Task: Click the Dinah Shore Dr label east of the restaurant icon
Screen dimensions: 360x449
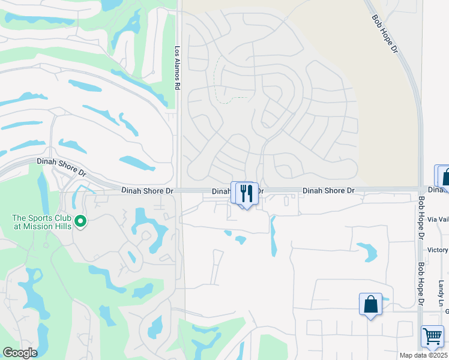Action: (328, 191)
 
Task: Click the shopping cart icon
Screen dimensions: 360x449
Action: (432, 337)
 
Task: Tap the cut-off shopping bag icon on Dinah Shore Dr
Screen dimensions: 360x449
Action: (445, 177)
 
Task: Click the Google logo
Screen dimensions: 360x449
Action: (20, 353)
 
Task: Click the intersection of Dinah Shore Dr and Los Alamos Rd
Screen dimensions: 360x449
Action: (179, 190)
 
